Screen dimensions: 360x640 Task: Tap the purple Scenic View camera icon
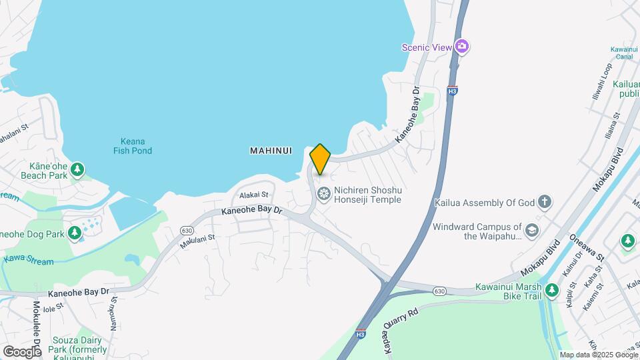coord(462,47)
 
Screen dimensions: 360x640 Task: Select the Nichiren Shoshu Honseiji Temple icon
coord(324,195)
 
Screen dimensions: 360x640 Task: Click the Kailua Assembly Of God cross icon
coord(545,202)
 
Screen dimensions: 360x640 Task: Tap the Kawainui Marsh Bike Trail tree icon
coord(551,290)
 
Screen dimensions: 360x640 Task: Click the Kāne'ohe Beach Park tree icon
coord(78,169)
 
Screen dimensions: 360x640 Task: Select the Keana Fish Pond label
coord(132,146)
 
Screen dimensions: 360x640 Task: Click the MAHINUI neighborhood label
coord(271,151)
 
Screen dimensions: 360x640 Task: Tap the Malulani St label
coord(198,241)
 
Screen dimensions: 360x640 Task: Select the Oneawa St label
coord(586,247)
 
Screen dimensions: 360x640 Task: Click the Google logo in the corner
coord(22,351)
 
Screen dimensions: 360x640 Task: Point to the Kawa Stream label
coord(28,260)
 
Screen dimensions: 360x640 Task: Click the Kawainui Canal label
coord(625,53)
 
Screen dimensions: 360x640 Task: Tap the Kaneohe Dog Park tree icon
coord(75,233)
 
